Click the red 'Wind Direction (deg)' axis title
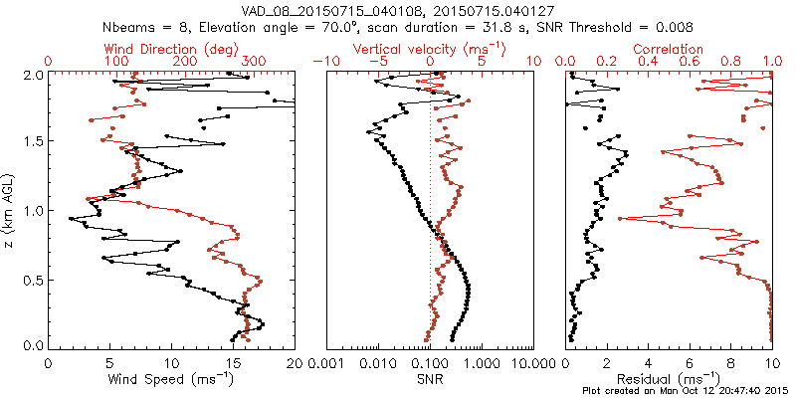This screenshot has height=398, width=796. (x=171, y=48)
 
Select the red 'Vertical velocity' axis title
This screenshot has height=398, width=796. (x=430, y=48)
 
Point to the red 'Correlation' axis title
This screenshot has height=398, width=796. (x=669, y=48)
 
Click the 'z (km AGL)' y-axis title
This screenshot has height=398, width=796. (x=11, y=209)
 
